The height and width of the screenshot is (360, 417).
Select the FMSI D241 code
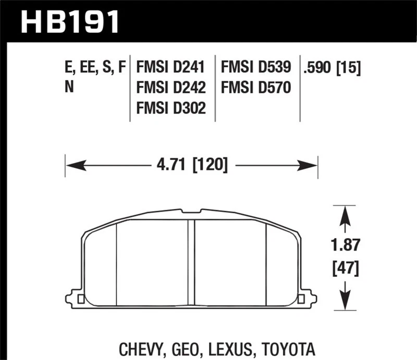pos(170,68)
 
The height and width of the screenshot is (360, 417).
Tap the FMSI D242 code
pos(170,87)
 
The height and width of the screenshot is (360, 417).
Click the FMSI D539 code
pos(256,68)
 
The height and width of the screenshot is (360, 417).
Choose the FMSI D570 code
pos(256,87)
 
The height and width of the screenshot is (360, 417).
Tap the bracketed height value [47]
pos(344,269)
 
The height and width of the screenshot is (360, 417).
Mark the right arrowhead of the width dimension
pos(310,166)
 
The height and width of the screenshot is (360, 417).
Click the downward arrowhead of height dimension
pos(344,301)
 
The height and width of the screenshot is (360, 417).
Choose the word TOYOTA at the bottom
pos(287,348)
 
